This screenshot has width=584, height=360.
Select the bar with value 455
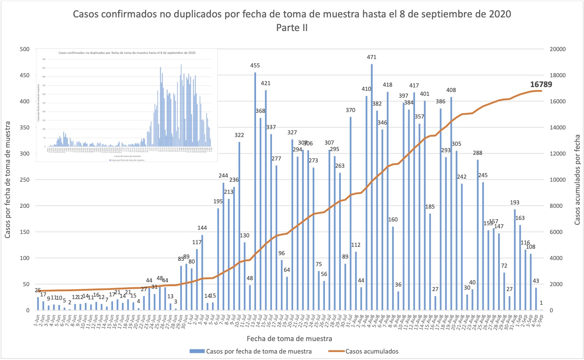(255, 191)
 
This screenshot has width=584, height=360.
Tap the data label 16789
(541, 84)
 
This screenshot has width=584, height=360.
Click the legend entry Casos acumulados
(372, 351)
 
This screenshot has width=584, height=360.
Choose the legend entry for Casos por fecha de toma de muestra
(259, 351)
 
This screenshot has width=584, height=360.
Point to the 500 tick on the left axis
(25, 49)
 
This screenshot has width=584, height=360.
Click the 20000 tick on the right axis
(557, 49)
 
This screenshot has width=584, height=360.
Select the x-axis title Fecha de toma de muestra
(289, 338)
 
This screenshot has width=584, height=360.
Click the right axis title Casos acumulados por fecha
(578, 180)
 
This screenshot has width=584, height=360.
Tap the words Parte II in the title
(292, 28)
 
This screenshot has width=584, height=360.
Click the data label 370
(350, 110)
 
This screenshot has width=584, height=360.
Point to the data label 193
(515, 203)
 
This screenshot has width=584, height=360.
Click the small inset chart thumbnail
(127, 105)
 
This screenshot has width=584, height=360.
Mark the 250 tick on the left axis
(25, 180)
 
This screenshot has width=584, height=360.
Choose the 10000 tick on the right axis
(557, 180)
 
